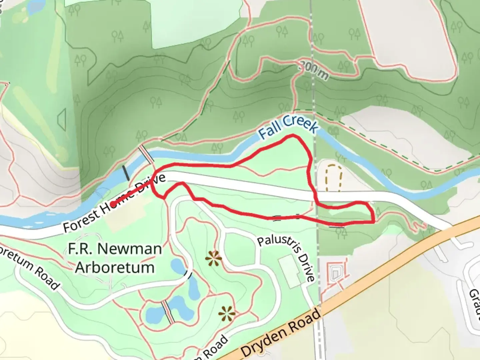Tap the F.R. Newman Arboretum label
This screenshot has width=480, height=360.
click(x=115, y=258)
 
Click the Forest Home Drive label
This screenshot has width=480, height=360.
click(x=114, y=204)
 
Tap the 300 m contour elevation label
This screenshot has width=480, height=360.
click(x=313, y=70)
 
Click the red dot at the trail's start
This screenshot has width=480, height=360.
click(x=112, y=204)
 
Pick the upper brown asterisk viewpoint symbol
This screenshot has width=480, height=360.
click(x=213, y=259)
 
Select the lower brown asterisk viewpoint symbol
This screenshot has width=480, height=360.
click(x=227, y=313)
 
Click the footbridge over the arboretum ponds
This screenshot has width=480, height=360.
click(x=167, y=312)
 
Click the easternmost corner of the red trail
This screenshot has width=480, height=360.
click(x=374, y=220)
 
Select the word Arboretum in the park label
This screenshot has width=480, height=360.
click(x=115, y=267)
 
